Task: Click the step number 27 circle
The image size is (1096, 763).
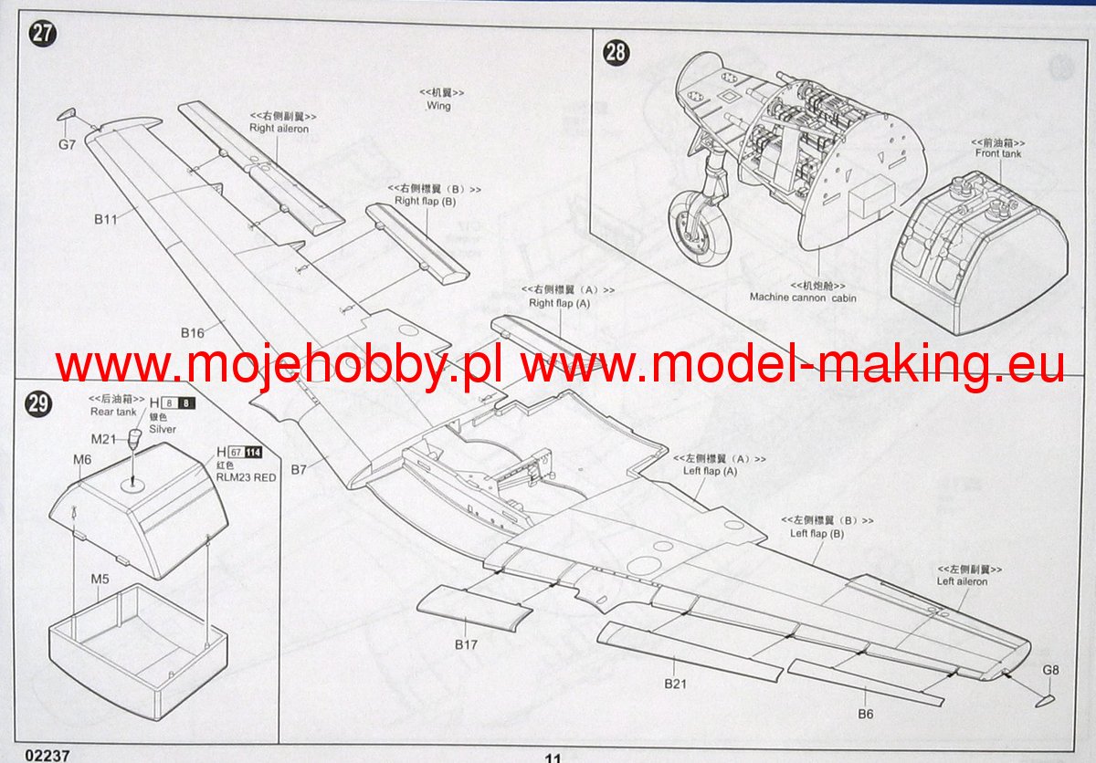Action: (x=42, y=35)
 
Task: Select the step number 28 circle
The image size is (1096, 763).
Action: (x=616, y=52)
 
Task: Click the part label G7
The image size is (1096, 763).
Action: (x=66, y=144)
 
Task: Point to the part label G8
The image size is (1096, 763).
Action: (x=1050, y=671)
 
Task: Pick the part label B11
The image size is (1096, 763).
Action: (x=105, y=219)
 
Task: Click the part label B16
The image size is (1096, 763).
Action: (x=192, y=332)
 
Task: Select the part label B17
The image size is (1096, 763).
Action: (x=466, y=643)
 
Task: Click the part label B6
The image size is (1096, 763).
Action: (x=864, y=714)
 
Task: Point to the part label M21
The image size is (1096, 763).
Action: (x=102, y=439)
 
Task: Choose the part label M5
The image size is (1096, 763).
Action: (x=100, y=579)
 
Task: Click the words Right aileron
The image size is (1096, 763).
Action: (x=279, y=129)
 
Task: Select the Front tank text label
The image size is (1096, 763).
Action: (x=998, y=153)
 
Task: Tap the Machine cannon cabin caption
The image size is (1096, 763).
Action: (x=803, y=298)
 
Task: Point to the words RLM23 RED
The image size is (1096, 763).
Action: (x=246, y=477)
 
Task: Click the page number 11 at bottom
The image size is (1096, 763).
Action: (x=553, y=757)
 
